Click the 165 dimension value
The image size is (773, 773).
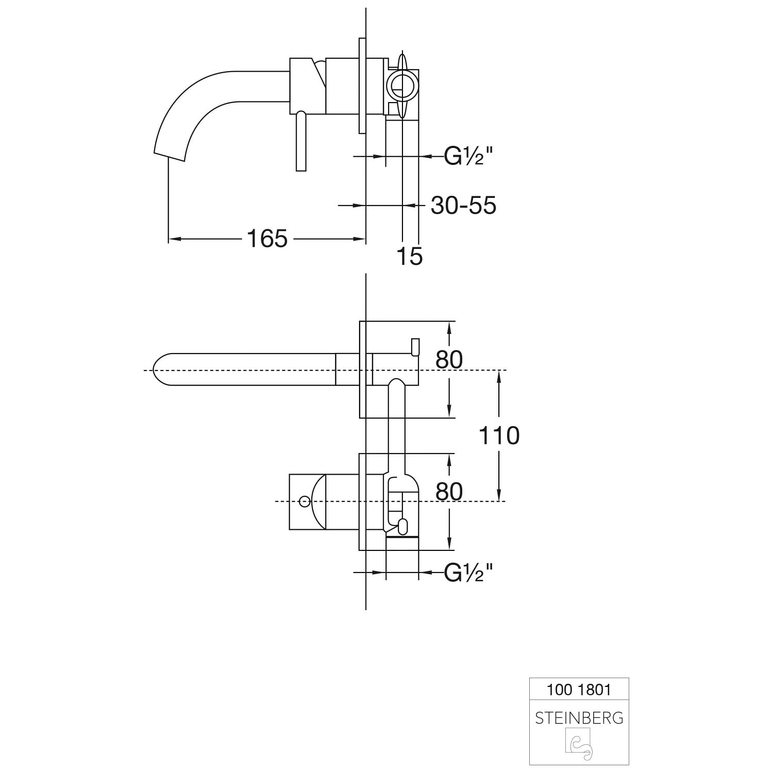tap(267, 239)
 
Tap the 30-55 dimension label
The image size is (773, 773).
tap(463, 205)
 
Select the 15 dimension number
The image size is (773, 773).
tap(410, 256)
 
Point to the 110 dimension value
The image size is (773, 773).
tap(499, 435)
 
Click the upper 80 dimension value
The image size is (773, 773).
tap(449, 360)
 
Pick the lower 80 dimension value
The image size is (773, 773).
tap(449, 492)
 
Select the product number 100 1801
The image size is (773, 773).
tap(579, 690)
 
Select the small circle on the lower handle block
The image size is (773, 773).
tap(305, 500)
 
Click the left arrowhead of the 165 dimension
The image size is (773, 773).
tap(174, 239)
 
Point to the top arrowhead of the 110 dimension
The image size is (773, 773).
tap(499, 377)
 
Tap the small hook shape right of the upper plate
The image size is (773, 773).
tap(415, 347)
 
